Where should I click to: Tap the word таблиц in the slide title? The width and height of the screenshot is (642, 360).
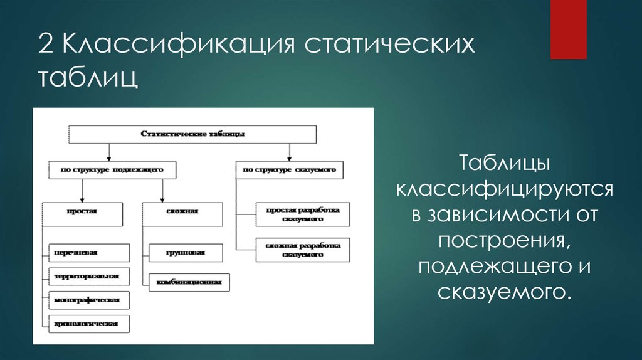click(x=87, y=80)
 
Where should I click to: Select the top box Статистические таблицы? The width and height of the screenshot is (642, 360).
click(x=192, y=134)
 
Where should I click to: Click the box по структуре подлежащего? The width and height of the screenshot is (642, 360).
click(x=112, y=170)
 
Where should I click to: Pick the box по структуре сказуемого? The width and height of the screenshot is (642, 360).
click(x=290, y=170)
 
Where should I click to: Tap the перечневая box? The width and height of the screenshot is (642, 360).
click(x=87, y=252)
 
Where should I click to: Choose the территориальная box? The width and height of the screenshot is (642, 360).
click(x=87, y=276)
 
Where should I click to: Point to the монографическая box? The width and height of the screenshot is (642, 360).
click(x=87, y=300)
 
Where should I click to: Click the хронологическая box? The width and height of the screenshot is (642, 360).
click(x=87, y=324)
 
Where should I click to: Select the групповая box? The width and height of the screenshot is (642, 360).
click(x=186, y=252)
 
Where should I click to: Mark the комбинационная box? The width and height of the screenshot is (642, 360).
click(x=189, y=282)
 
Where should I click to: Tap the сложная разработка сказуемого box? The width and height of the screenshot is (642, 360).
click(x=303, y=250)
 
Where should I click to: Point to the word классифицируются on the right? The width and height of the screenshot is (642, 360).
click(x=505, y=189)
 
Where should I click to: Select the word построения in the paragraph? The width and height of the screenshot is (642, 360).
click(x=505, y=240)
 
